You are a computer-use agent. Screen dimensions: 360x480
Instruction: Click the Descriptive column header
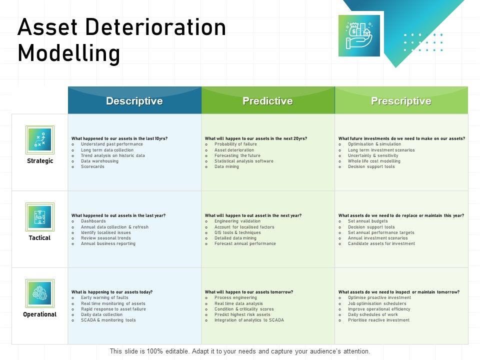point(134,101)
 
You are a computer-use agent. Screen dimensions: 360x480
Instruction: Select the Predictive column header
point(267,101)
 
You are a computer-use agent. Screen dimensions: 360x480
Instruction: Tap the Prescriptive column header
point(401,101)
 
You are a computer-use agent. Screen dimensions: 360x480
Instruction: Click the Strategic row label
point(40,161)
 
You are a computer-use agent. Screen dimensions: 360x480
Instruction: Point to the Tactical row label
point(40,238)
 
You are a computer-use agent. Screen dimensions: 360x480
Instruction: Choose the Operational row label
point(40,314)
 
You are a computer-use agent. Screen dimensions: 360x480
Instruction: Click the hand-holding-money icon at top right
point(359,35)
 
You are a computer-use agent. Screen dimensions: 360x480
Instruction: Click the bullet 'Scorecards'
point(92,166)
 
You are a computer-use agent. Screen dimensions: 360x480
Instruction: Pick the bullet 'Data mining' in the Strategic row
point(226,166)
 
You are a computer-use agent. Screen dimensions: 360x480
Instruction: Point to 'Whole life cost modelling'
point(374,161)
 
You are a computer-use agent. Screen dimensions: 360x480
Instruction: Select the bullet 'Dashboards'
point(93,221)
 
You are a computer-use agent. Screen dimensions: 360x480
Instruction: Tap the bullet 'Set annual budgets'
point(367,221)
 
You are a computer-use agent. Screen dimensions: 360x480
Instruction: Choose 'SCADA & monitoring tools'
point(108,320)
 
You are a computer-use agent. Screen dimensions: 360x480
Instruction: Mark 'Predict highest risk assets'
point(242,314)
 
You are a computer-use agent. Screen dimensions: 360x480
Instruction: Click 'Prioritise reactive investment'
point(378,320)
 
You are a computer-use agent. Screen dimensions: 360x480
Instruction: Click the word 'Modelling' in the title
point(68,53)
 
